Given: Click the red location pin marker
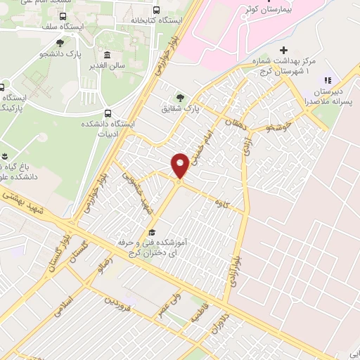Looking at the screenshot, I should pyautogui.click(x=180, y=165).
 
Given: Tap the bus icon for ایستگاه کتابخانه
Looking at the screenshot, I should pyautogui.click(x=155, y=11).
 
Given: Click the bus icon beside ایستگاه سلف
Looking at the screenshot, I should pyautogui.click(x=63, y=15).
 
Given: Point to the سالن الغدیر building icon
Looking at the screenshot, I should pyautogui.click(x=106, y=56).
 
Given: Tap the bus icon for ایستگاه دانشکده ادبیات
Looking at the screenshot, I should pyautogui.click(x=107, y=113).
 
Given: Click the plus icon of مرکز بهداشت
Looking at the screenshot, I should pyautogui.click(x=284, y=51).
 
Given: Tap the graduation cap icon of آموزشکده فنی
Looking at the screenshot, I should pyautogui.click(x=150, y=233).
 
